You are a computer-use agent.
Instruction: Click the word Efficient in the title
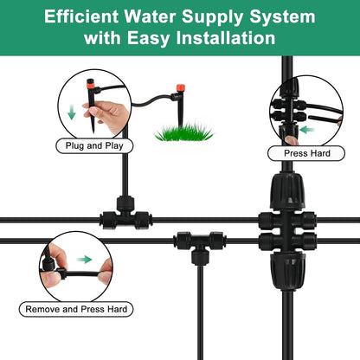tap(85, 17)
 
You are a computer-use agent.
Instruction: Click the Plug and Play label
tap(94, 146)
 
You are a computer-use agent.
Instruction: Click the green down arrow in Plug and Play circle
tap(70, 112)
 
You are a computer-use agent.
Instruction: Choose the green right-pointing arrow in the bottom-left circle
tap(83, 258)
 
